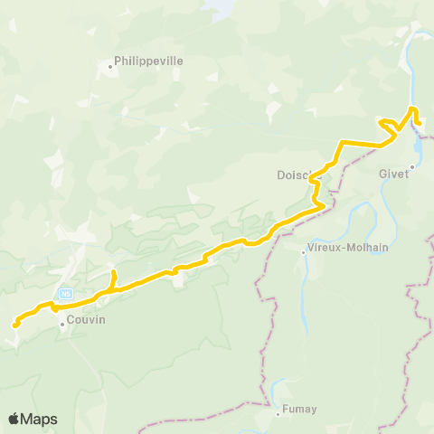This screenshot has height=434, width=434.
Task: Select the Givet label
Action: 396,175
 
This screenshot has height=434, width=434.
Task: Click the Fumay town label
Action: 299,410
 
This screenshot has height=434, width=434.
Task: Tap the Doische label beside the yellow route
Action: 294,175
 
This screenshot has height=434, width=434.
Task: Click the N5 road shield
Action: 65,294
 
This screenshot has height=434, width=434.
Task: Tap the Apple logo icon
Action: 14,419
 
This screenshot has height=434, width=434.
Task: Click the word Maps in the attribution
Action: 40,419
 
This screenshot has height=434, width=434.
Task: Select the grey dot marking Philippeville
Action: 109,66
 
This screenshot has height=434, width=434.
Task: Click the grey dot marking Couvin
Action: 61,323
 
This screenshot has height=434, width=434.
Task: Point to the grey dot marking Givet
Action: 412,166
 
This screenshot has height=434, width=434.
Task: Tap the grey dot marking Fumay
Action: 278,414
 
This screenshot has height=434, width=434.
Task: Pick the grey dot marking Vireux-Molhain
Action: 305,252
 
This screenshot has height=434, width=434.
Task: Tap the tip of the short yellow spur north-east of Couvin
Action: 113,272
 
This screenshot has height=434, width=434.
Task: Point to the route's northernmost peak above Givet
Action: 413,108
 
